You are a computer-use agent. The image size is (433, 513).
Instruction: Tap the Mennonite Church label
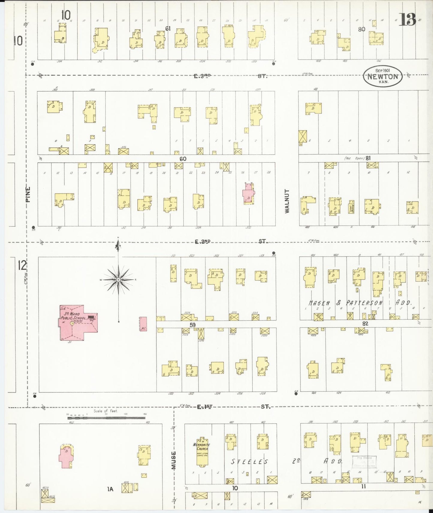(x=202, y=447)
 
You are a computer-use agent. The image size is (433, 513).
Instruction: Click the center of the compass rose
(x=118, y=280)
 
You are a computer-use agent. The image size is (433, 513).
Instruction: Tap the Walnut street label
(x=287, y=201)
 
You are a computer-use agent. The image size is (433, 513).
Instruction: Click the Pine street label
(x=28, y=194)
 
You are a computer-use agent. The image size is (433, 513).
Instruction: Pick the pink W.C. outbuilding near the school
(x=143, y=324)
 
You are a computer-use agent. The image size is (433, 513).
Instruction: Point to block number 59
(x=192, y=324)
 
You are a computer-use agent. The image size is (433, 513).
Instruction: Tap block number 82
(x=365, y=324)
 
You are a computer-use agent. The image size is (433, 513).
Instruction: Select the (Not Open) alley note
(x=354, y=158)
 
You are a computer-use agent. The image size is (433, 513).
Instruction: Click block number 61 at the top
(x=168, y=28)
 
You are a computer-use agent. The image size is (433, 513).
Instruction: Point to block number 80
(x=361, y=29)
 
